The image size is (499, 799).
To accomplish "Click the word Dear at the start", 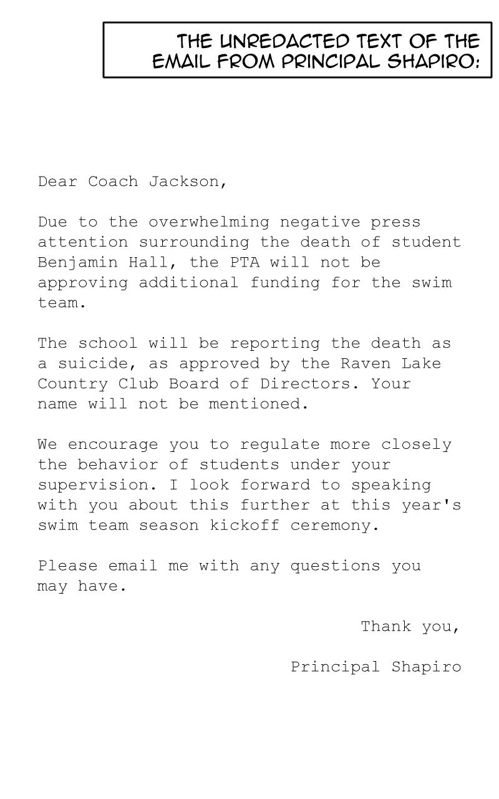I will (58, 182).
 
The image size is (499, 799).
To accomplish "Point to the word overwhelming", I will (209, 222).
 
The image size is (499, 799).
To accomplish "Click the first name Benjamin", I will (78, 262).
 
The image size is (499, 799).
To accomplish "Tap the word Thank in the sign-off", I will (386, 626).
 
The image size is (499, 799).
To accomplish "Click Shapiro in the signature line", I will (426, 667).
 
